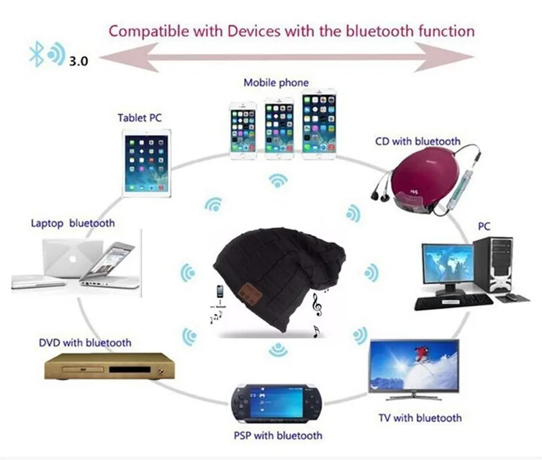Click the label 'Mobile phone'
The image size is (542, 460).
point(276,83)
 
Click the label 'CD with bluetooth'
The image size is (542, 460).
point(418,141)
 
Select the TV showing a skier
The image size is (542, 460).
point(413,366)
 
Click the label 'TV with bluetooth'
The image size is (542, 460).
point(420,418)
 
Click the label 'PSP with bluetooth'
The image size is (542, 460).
point(278,435)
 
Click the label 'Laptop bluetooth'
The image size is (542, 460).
point(72,223)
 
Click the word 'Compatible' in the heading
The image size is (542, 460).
point(144,31)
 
